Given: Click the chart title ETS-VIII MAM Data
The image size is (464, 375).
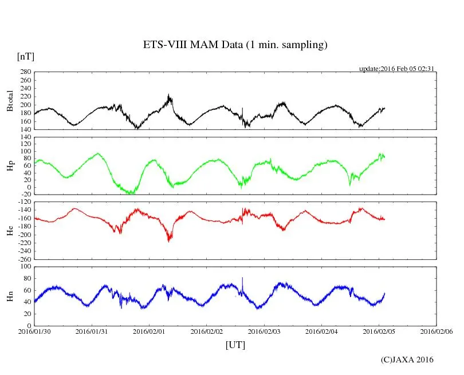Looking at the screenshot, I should [x=235, y=45].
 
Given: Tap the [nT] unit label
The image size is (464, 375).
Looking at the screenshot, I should [x=25, y=57].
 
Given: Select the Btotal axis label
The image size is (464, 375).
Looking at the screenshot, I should [x=10, y=101].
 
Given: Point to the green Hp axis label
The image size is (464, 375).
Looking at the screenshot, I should [x=10, y=166].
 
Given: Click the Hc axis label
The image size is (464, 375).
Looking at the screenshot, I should [x=10, y=230].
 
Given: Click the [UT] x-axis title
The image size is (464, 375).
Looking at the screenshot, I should [x=235, y=345].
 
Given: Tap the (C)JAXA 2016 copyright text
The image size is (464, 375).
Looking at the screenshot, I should [x=407, y=360].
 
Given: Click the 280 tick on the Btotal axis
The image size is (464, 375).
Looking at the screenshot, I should [x=25, y=72].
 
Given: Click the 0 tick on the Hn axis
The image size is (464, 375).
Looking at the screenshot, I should [x=29, y=325].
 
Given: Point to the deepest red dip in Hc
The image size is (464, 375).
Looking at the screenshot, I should [x=168, y=240].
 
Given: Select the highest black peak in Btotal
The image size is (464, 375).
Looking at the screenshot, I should [x=168, y=96].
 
